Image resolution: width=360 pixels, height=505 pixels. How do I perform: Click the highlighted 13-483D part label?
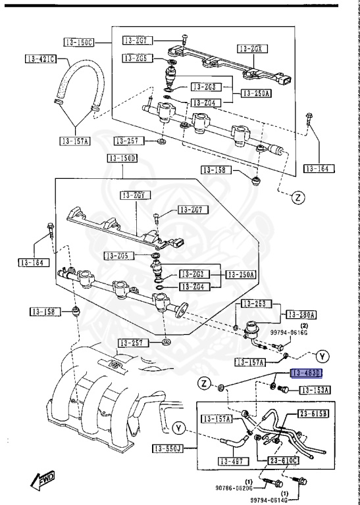[307, 373]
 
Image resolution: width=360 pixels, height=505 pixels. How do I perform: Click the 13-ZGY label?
[135, 195]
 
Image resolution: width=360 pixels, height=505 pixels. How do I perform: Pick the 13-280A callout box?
[300, 314]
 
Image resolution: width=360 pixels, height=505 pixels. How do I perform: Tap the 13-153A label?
[315, 390]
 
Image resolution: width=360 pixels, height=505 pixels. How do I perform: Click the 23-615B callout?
[315, 414]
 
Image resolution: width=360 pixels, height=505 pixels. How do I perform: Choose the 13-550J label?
[168, 449]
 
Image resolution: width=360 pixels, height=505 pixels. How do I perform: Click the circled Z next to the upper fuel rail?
[297, 197]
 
